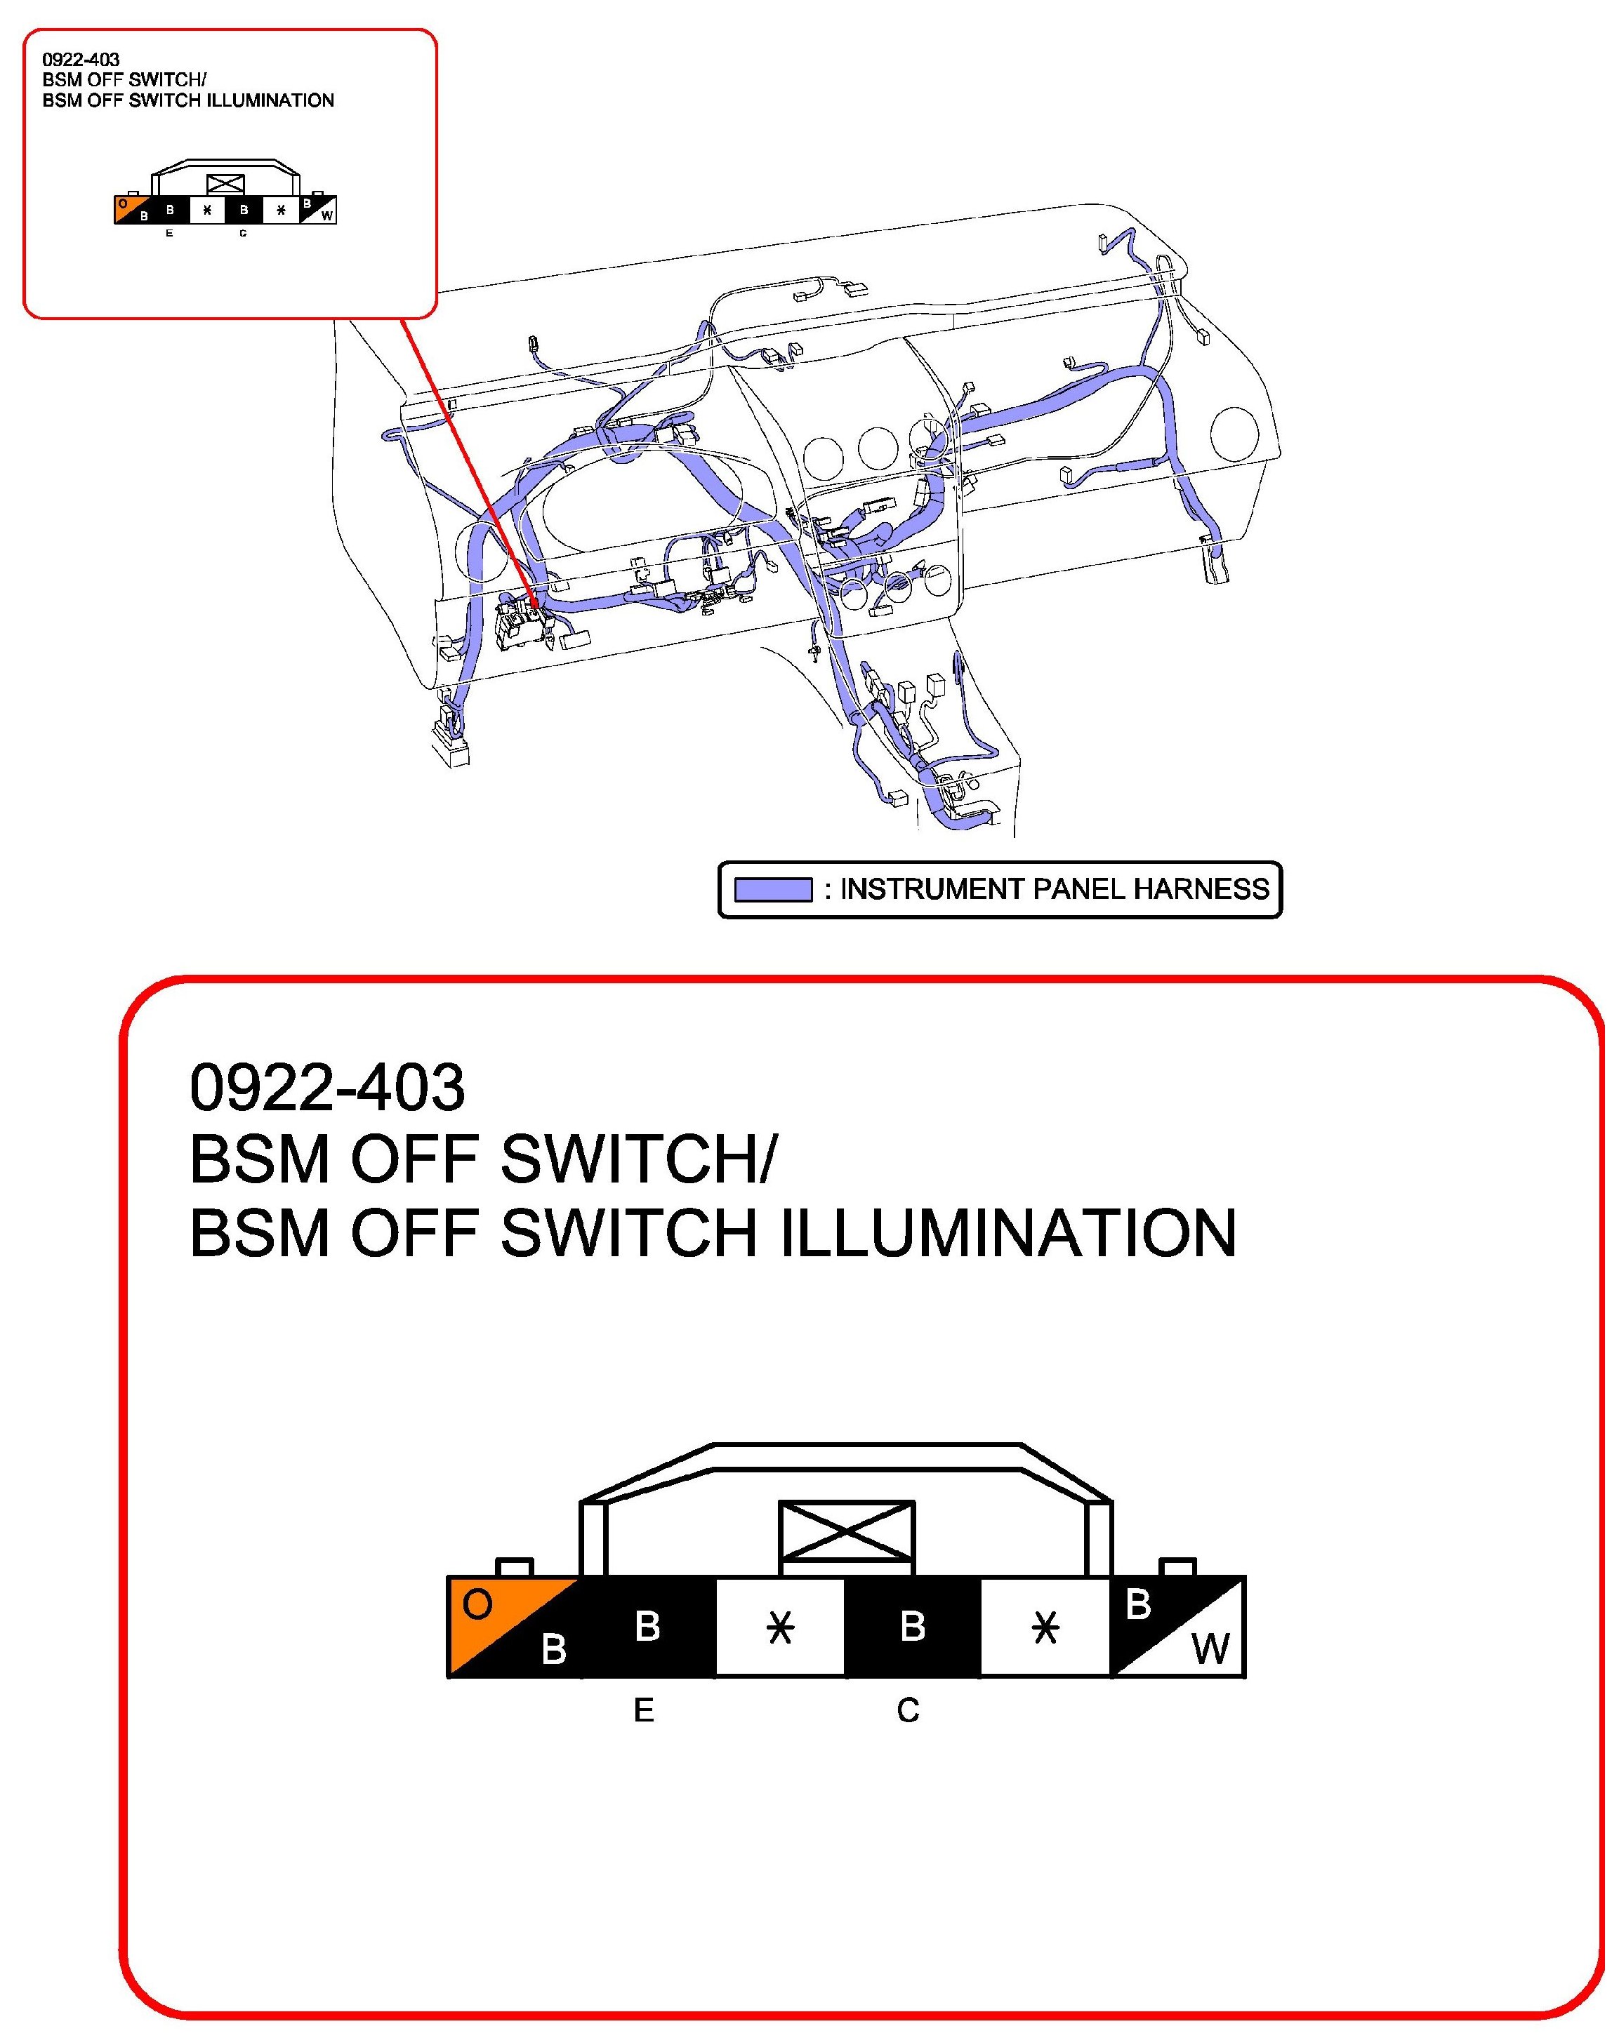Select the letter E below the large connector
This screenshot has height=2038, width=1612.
click(644, 1710)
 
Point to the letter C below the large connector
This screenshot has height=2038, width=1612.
click(908, 1710)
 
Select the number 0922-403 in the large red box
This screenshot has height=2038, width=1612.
click(327, 1087)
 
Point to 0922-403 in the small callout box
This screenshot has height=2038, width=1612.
click(81, 60)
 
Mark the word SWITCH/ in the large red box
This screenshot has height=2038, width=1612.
click(636, 1159)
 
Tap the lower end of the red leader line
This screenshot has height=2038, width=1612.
click(536, 604)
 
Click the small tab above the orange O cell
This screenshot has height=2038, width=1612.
click(515, 1567)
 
